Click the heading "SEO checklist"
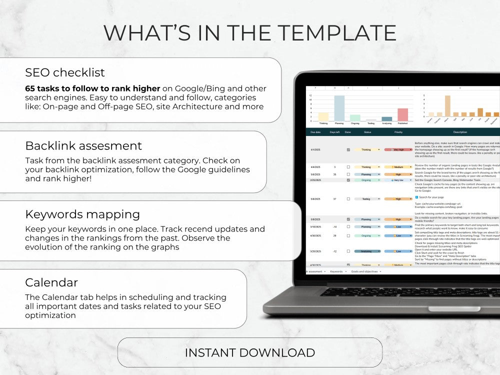(x=65, y=72)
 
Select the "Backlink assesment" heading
(x=83, y=146)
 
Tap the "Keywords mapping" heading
(x=82, y=214)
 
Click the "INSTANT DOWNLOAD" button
(x=249, y=352)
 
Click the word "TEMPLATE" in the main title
(x=338, y=33)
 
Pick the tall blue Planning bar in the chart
(x=339, y=108)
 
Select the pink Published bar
(x=402, y=114)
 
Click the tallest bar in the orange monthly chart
(x=447, y=106)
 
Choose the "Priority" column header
(x=398, y=132)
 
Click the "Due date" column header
(x=315, y=132)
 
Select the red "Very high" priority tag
(x=398, y=149)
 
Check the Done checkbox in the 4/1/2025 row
(x=348, y=149)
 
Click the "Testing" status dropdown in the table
(x=366, y=199)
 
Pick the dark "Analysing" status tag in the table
(x=366, y=251)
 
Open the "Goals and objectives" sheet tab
(x=364, y=271)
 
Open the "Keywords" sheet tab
(x=336, y=271)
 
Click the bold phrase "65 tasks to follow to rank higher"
(x=92, y=88)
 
